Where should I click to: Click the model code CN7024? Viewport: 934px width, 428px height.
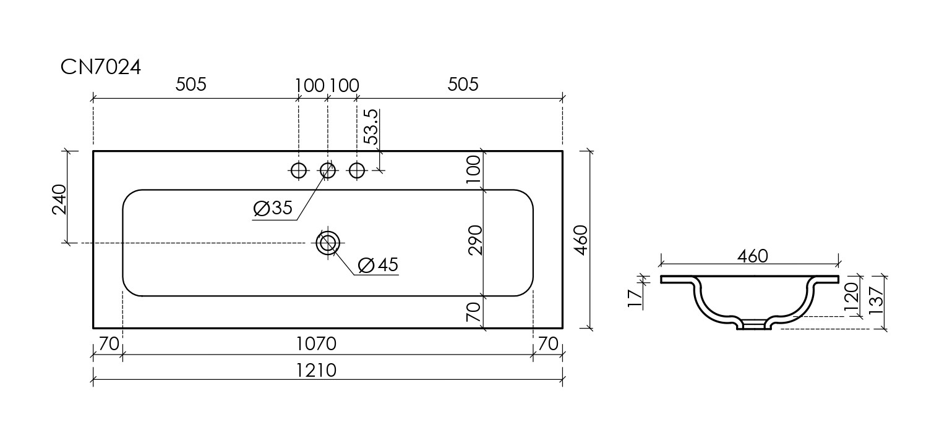[101, 67]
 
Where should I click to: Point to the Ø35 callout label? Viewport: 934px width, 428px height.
[273, 209]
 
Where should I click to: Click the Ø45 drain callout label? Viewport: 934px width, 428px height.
[378, 265]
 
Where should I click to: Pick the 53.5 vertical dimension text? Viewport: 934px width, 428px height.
[371, 127]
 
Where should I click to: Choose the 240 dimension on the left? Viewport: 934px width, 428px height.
[59, 199]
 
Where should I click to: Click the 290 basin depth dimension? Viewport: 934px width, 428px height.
[474, 240]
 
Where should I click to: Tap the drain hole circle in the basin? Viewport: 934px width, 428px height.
[327, 243]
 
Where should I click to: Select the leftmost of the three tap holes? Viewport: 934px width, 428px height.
[299, 169]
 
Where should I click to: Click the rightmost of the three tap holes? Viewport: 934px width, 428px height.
[357, 169]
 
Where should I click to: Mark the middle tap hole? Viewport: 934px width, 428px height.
[328, 169]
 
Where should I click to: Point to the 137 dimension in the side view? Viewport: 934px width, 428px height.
[876, 301]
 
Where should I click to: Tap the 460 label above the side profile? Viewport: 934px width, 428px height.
[752, 256]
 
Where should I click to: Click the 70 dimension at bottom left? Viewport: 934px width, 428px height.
[109, 343]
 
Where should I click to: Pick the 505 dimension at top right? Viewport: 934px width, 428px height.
[463, 84]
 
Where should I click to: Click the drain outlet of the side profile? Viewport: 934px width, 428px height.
[753, 325]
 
